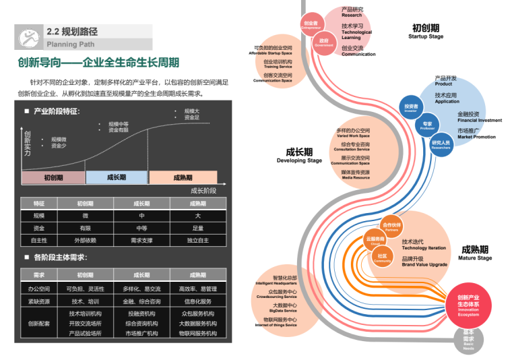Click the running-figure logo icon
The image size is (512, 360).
pyautogui.click(x=28, y=37)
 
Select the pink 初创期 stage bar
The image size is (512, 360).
pyautogui.click(x=53, y=178)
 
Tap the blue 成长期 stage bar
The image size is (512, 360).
pyautogui.click(x=116, y=178)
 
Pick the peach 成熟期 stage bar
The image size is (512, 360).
pyautogui.click(x=183, y=178)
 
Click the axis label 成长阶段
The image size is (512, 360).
pyautogui.click(x=203, y=191)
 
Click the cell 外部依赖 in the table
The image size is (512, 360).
pyautogui.click(x=85, y=240)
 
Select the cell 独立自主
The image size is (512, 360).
pyautogui.click(x=197, y=240)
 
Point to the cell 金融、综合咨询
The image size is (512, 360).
pyautogui.click(x=141, y=301)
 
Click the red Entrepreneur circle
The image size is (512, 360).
pyautogui.click(x=311, y=24)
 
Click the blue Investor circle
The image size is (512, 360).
pyautogui.click(x=411, y=108)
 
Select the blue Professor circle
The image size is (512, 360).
pyautogui.click(x=427, y=125)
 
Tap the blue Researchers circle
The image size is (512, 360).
pyautogui.click(x=441, y=144)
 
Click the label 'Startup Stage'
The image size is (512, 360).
pyautogui.click(x=426, y=37)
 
